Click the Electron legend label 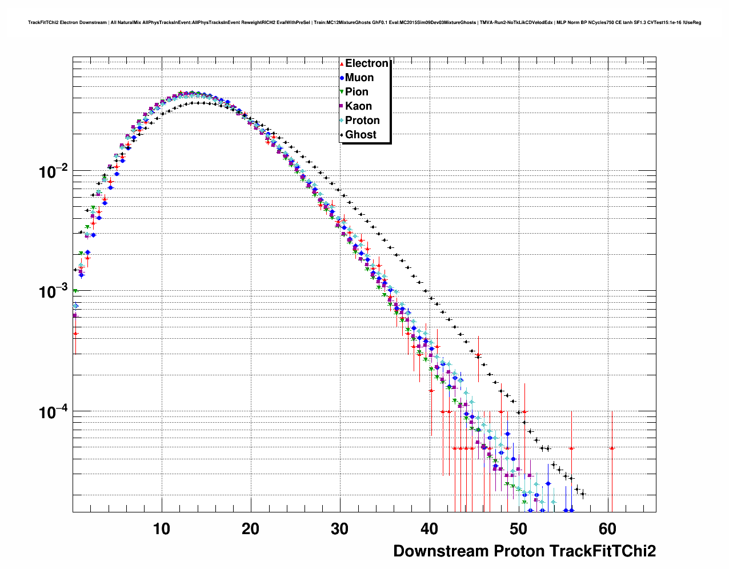[x=367, y=63]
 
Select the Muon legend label [x=359, y=78]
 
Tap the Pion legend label [x=357, y=92]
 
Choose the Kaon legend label [x=358, y=106]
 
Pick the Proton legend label [x=362, y=121]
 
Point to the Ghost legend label [x=361, y=135]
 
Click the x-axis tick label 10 [x=162, y=529]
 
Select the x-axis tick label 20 [x=251, y=529]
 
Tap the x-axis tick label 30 [x=340, y=529]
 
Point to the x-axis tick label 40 [x=429, y=529]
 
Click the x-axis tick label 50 [x=518, y=529]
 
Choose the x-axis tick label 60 [x=607, y=529]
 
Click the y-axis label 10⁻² [x=54, y=171]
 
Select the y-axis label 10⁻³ [x=54, y=291]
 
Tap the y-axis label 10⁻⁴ [x=54, y=411]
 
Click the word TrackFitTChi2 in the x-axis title [x=602, y=551]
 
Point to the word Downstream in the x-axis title [x=440, y=551]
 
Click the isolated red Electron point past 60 [x=612, y=448]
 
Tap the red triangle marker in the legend [x=342, y=63]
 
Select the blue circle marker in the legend [x=342, y=78]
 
